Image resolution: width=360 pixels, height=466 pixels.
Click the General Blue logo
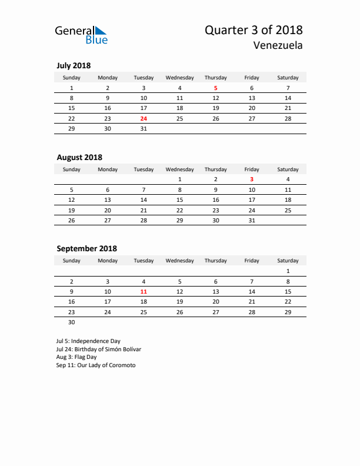click(81, 35)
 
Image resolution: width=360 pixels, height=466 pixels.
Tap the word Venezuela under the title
click(278, 45)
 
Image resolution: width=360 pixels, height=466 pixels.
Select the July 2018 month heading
click(74, 66)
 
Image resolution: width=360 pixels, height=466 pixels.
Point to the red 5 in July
click(216, 88)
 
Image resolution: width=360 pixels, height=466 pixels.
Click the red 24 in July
click(144, 118)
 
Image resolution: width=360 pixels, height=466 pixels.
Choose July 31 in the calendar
click(144, 128)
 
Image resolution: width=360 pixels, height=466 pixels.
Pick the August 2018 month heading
click(79, 157)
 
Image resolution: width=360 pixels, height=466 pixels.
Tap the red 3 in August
click(252, 179)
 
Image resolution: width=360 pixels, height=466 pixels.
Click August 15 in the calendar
click(180, 199)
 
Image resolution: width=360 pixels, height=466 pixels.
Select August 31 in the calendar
click(252, 220)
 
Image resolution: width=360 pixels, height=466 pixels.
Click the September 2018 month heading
click(86, 248)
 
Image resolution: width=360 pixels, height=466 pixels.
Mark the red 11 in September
click(144, 291)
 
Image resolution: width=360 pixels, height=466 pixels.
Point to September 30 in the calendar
click(72, 322)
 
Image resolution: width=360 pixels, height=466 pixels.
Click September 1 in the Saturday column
click(288, 271)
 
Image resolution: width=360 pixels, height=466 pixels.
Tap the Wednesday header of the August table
click(180, 169)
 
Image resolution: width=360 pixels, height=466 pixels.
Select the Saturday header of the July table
click(288, 78)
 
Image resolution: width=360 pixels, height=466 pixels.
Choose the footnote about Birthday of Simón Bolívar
click(99, 349)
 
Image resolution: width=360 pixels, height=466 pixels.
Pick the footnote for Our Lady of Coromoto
click(96, 365)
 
